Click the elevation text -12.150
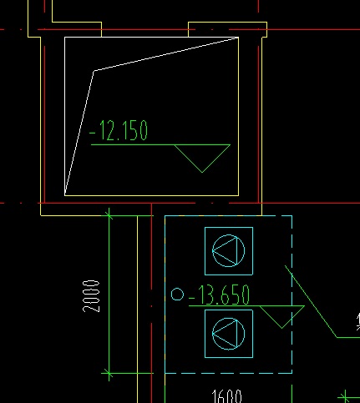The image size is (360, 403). pos(119,130)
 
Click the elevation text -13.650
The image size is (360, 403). pos(219,295)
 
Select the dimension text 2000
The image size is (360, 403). pos(91,296)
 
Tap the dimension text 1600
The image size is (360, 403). pos(226,396)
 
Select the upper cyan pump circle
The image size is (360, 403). pos(212,250)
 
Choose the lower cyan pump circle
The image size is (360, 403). pos(212,334)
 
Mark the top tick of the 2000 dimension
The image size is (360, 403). pos(109,215)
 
